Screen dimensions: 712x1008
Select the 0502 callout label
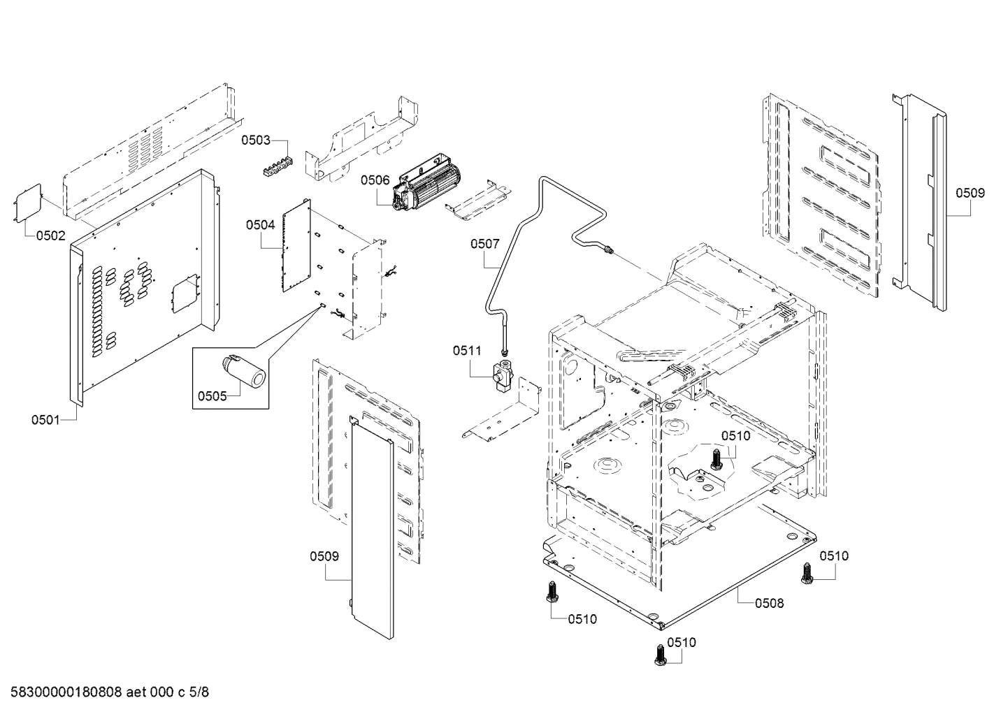pos(50,236)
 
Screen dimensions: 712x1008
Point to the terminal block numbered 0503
pos(278,169)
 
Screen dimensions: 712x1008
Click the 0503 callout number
pos(256,140)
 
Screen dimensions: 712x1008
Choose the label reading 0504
pos(260,225)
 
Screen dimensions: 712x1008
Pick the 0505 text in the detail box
pos(212,396)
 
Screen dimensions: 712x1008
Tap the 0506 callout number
pos(375,180)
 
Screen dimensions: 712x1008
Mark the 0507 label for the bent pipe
pos(485,244)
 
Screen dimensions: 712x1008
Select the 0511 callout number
pos(467,351)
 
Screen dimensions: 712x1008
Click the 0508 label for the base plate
pos(769,602)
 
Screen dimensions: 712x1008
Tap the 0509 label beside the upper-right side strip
pos(970,193)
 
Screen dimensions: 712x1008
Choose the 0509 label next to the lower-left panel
pos(324,556)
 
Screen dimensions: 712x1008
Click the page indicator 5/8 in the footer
pos(199,692)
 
